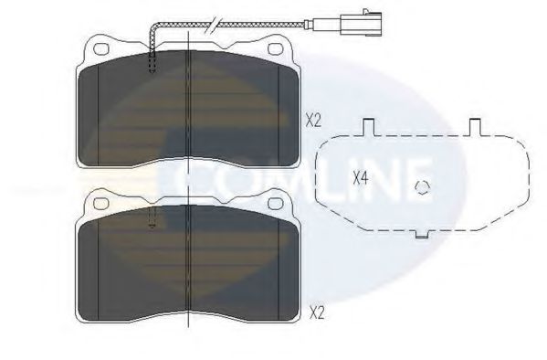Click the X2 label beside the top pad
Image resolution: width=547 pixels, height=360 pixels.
pos(314,119)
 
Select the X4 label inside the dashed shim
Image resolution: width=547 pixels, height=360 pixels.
pos(360,178)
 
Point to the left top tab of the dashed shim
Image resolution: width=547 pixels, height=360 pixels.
pos(367,128)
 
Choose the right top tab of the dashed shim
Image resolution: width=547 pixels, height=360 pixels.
pos(475,128)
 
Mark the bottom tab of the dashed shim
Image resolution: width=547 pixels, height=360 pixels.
pos(420,235)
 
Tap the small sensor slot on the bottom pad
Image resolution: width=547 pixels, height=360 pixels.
pos(153,217)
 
